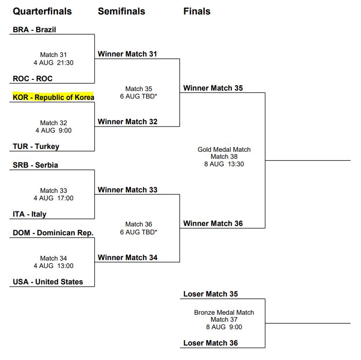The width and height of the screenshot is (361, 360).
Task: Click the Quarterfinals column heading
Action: [x=42, y=11]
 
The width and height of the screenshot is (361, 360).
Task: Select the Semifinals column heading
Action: [x=121, y=11]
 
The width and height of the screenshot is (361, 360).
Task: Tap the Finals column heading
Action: [x=196, y=11]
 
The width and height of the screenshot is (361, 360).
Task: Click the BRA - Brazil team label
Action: [x=35, y=29]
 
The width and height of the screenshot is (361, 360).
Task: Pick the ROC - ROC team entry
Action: [x=33, y=79]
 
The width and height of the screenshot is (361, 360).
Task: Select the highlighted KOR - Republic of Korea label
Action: [x=53, y=97]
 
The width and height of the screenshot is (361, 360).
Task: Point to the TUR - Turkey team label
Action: [x=36, y=146]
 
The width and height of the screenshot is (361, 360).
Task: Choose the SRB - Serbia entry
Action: [x=35, y=165]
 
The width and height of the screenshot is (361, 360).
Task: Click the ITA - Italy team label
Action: [x=29, y=214]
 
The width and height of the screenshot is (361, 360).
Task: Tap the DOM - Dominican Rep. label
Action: [x=53, y=233]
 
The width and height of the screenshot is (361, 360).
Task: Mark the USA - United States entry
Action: [x=48, y=282]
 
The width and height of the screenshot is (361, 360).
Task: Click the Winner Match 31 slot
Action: [x=127, y=54]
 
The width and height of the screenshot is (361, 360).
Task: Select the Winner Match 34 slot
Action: [x=127, y=257]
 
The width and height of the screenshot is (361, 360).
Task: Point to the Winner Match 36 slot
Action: [x=213, y=223]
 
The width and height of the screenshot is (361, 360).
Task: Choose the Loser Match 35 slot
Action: [x=210, y=294]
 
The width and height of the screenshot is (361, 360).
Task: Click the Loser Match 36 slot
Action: [x=210, y=343]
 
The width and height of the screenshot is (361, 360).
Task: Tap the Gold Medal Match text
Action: [x=224, y=149]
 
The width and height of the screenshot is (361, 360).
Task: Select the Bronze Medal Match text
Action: [x=224, y=312]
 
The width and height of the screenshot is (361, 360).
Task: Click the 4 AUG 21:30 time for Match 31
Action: [x=53, y=63]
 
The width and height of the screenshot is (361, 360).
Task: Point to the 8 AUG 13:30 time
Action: [x=224, y=164]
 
